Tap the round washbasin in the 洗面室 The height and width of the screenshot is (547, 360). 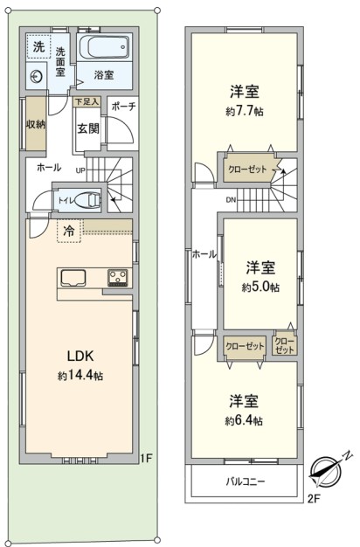click(x=37, y=76)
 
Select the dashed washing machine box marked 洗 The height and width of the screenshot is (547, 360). click(x=38, y=46)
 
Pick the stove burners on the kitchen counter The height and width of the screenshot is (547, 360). click(x=118, y=278)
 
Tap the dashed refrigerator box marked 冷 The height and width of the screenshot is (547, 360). click(x=69, y=231)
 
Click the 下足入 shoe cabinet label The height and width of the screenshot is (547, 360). click(x=87, y=102)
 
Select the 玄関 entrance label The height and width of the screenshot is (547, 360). click(x=88, y=128)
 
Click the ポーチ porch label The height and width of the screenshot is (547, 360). click(x=123, y=107)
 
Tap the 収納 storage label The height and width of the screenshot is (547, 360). click(x=36, y=124)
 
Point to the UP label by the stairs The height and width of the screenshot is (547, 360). click(x=81, y=170)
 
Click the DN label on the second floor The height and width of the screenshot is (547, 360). click(x=231, y=200)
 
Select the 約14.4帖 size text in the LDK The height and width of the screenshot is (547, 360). click(x=80, y=376)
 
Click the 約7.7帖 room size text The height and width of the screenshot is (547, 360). click(x=244, y=111)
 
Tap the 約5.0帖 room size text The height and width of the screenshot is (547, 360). click(x=260, y=287)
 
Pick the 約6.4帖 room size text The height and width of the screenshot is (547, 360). click(x=244, y=420)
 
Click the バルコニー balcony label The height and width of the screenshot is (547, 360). click(x=246, y=481)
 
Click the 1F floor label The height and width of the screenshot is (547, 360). click(x=147, y=458)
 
